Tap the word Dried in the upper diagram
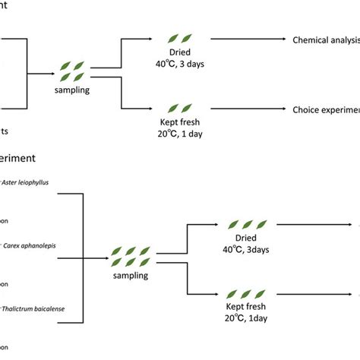click(x=180, y=51)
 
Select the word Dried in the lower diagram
click(x=245, y=238)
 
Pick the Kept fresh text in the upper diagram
click(x=180, y=121)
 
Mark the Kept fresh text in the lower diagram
click(x=245, y=308)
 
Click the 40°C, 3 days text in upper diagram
click(x=180, y=63)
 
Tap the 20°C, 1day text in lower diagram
click(x=245, y=320)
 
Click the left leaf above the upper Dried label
click(x=174, y=38)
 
